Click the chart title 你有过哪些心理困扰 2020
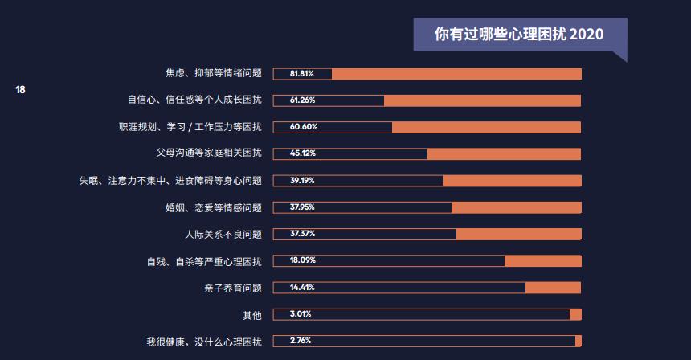(x=518, y=35)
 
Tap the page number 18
(x=21, y=89)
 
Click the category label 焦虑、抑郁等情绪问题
(x=213, y=74)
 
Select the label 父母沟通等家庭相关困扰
(x=208, y=153)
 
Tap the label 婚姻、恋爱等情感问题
(x=213, y=207)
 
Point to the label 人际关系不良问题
(x=223, y=234)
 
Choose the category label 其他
(x=252, y=314)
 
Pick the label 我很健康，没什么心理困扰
(x=203, y=341)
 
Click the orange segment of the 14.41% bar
(x=553, y=288)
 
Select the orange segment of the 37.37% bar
(x=518, y=234)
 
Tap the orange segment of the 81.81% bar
(x=456, y=74)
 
